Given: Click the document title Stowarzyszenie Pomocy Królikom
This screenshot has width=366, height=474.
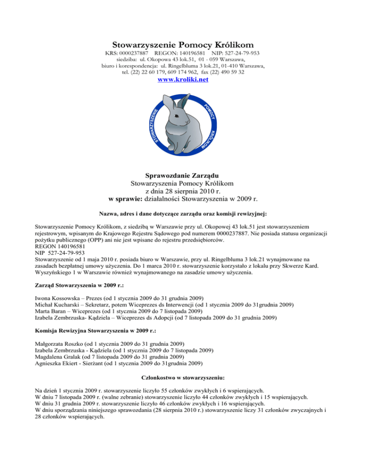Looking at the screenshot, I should (x=183, y=44).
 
